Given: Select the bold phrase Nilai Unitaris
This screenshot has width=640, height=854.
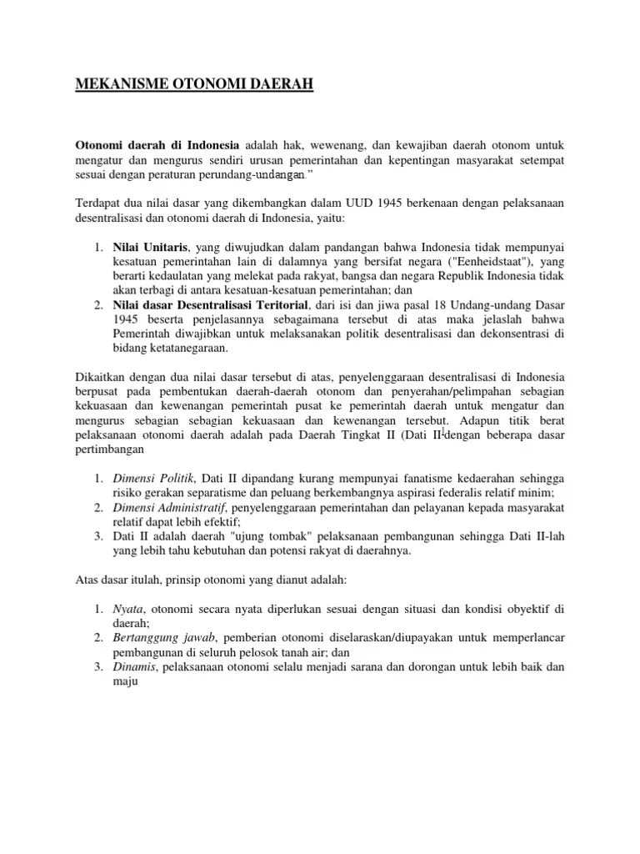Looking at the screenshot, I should pyautogui.click(x=147, y=247).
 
